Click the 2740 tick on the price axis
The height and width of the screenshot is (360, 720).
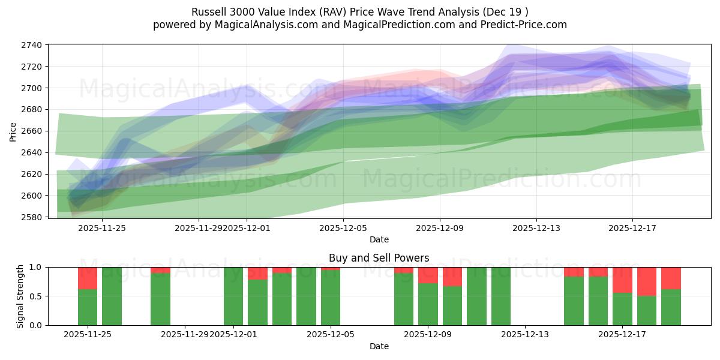click(x=31, y=45)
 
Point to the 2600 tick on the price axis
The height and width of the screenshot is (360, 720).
click(x=31, y=196)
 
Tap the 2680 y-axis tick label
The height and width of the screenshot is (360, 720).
click(x=31, y=109)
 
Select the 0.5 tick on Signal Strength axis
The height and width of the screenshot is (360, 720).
click(x=35, y=296)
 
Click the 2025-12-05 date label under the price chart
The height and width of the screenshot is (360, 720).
click(x=343, y=227)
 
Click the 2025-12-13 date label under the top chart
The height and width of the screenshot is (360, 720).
click(x=536, y=227)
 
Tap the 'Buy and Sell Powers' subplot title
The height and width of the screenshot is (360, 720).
click(x=379, y=258)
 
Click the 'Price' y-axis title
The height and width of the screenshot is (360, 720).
click(x=13, y=131)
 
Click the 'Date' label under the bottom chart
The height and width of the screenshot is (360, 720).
click(x=379, y=346)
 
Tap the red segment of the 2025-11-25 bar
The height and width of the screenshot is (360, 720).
click(x=88, y=278)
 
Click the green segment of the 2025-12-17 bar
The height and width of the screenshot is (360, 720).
click(x=622, y=309)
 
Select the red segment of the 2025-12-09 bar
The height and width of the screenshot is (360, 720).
click(x=428, y=275)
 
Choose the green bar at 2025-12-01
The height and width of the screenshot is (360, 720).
click(x=233, y=296)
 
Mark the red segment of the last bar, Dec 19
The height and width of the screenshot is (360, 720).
click(x=671, y=278)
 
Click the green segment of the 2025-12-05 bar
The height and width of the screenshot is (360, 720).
click(x=331, y=298)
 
